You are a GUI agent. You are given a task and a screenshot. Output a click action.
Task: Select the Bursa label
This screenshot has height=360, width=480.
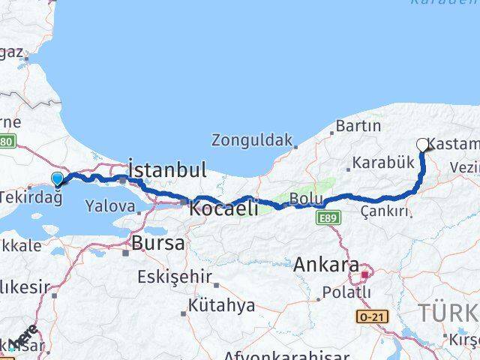tap(158, 243)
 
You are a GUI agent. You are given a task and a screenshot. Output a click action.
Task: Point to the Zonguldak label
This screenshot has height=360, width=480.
tap(250, 139)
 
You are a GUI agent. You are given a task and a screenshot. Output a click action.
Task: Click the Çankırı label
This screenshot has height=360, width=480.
tap(387, 211)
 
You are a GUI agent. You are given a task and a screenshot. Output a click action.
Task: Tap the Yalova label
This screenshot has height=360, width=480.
tap(110, 205)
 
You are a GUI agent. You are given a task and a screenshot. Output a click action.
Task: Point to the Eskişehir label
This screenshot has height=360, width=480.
tap(174, 277)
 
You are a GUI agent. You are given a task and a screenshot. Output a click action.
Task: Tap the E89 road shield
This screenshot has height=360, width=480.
tap(324, 217)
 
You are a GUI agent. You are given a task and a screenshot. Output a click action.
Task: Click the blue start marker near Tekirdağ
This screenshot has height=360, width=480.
tap(58, 178)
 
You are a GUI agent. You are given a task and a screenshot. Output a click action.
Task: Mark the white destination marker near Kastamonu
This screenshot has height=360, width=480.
tap(422, 145)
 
